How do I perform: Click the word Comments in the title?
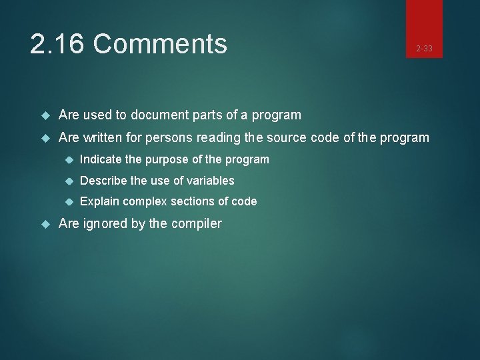(160, 45)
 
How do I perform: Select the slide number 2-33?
(424, 49)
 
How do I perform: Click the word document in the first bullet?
(159, 115)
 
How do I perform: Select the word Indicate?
(100, 159)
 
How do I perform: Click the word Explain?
(99, 201)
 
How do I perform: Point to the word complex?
(145, 201)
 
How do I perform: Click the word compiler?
(196, 223)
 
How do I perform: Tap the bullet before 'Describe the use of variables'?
(68, 181)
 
